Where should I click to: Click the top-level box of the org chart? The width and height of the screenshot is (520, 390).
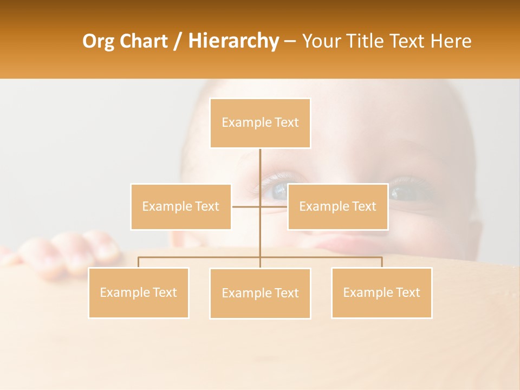point(260,123)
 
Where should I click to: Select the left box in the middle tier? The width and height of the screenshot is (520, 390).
point(181,206)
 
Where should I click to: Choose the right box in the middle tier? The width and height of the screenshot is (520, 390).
point(337,206)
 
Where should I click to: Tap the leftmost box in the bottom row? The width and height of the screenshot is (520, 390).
point(139,292)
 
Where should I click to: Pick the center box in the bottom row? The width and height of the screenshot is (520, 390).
point(260,293)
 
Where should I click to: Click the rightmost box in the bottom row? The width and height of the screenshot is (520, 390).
point(381,292)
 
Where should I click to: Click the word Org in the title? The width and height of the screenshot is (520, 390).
point(98,41)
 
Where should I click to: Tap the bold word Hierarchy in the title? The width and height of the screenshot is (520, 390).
point(233,41)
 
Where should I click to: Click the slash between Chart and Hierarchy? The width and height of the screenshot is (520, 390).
point(178,41)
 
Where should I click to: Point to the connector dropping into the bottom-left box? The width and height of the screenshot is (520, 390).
point(139,262)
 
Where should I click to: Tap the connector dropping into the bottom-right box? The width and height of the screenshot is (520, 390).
point(382,262)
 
